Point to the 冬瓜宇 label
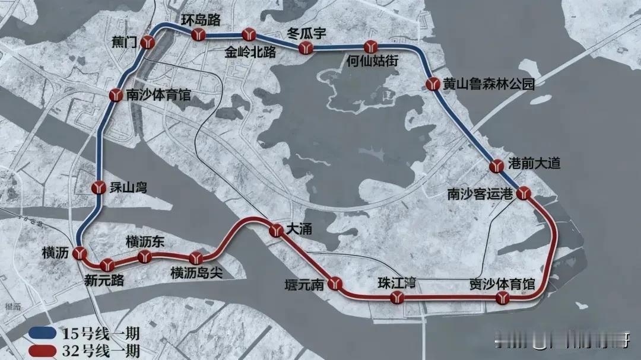[306, 33]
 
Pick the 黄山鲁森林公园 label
[488, 85]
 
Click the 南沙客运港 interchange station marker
[523, 194]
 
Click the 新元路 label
[105, 281]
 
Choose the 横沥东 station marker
[144, 257]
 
